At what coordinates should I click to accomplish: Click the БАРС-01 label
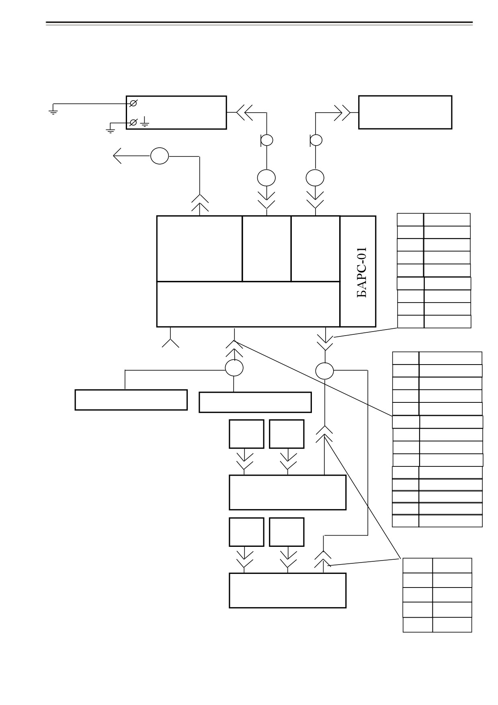(362, 272)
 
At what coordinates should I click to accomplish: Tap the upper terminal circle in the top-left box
(133, 103)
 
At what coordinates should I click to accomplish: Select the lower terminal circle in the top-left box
(133, 122)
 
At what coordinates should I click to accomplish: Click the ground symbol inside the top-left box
(145, 122)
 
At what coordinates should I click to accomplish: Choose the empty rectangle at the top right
(405, 112)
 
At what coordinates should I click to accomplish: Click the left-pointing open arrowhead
(117, 156)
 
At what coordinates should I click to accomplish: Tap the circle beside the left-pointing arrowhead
(160, 156)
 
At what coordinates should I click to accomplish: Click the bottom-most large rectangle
(287, 590)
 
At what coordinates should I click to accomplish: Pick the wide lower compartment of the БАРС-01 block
(248, 304)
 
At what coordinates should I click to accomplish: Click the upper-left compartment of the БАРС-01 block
(199, 249)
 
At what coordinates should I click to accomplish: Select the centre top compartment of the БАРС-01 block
(266, 249)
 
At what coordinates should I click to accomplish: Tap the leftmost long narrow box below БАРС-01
(131, 400)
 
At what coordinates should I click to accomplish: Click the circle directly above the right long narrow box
(234, 368)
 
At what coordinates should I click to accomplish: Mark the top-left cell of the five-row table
(418, 565)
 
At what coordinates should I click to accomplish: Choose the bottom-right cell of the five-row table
(452, 625)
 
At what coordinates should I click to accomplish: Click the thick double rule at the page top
(259, 23)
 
